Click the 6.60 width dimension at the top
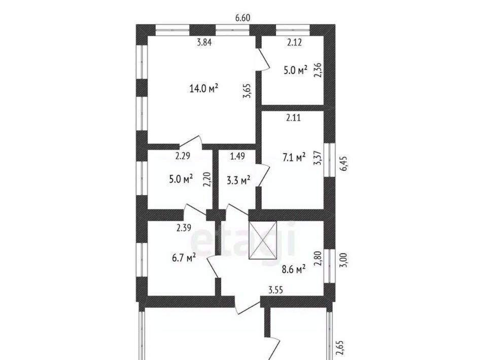[242, 18]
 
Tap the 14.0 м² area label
[204, 89]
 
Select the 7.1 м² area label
[294, 157]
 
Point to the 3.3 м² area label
[238, 180]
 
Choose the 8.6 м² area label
[294, 269]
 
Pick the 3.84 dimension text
[204, 42]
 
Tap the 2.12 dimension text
[294, 42]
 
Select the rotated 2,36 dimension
[318, 70]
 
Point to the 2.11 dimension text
[294, 118]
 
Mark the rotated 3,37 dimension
[318, 158]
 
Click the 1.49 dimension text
[237, 156]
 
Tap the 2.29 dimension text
[183, 156]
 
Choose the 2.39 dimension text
[184, 228]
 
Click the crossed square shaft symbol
[262, 240]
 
